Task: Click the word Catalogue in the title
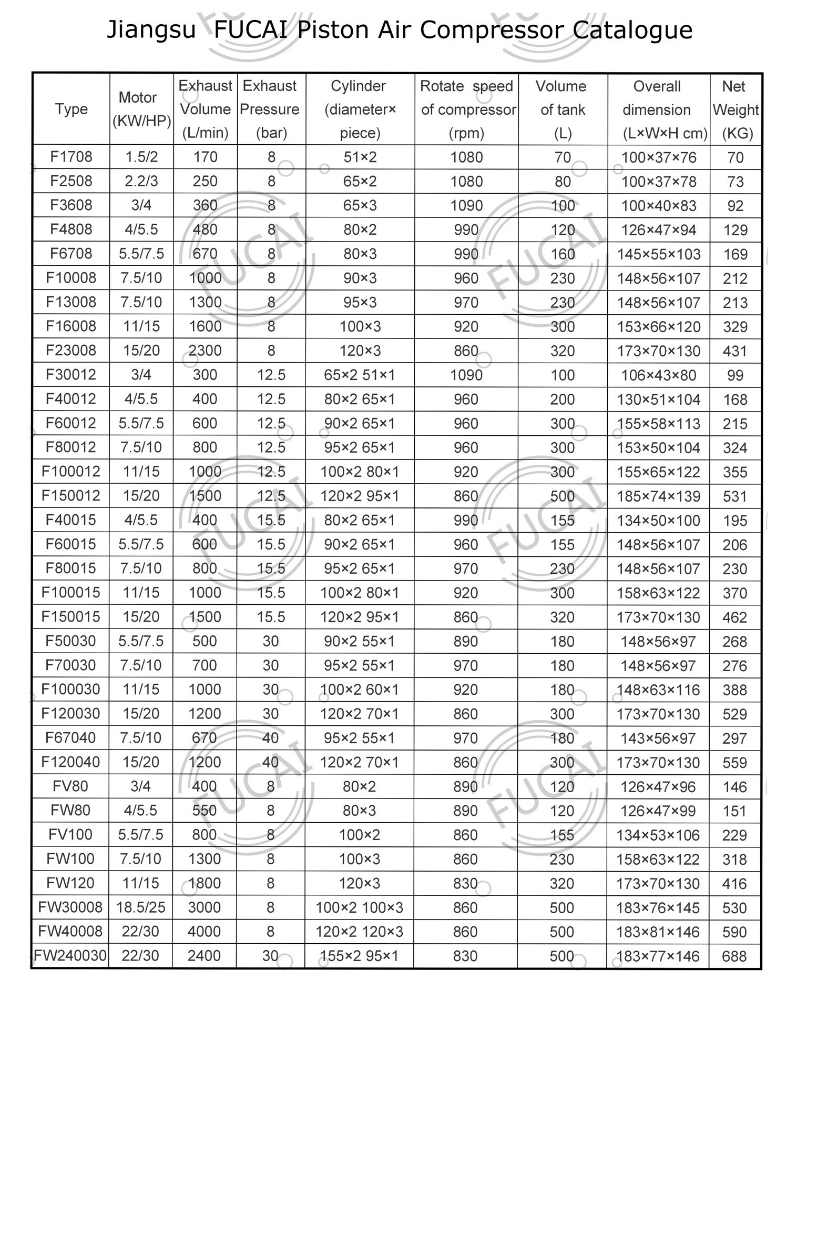pyautogui.click(x=632, y=30)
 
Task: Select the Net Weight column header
pyautogui.click(x=735, y=109)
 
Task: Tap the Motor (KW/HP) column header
pyautogui.click(x=141, y=109)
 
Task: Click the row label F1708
pyautogui.click(x=72, y=157)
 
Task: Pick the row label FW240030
pyautogui.click(x=70, y=956)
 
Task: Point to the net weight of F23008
pyautogui.click(x=734, y=351)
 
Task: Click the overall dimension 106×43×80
pyautogui.click(x=658, y=375)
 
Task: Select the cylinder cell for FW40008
pyautogui.click(x=359, y=931)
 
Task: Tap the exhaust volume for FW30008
pyautogui.click(x=205, y=907)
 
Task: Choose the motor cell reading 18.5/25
pyautogui.click(x=140, y=907)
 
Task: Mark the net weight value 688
pyautogui.click(x=734, y=956)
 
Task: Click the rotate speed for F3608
pyautogui.click(x=466, y=206)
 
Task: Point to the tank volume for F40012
pyautogui.click(x=562, y=399)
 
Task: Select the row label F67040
pyautogui.click(x=70, y=738)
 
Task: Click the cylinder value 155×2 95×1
pyautogui.click(x=359, y=956)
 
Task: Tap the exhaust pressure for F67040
pyautogui.click(x=270, y=738)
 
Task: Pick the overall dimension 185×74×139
pyautogui.click(x=658, y=496)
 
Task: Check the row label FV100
pyautogui.click(x=70, y=835)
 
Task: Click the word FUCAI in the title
pyautogui.click(x=251, y=30)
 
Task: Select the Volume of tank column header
pyautogui.click(x=562, y=109)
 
